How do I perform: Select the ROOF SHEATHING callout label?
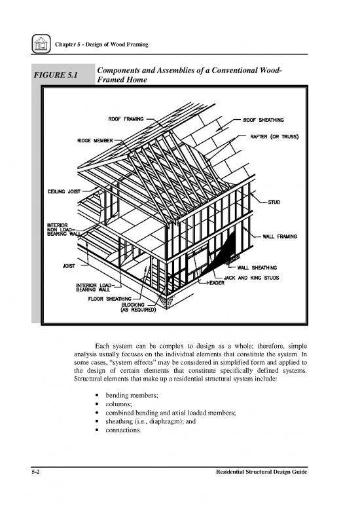point(268,119)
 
